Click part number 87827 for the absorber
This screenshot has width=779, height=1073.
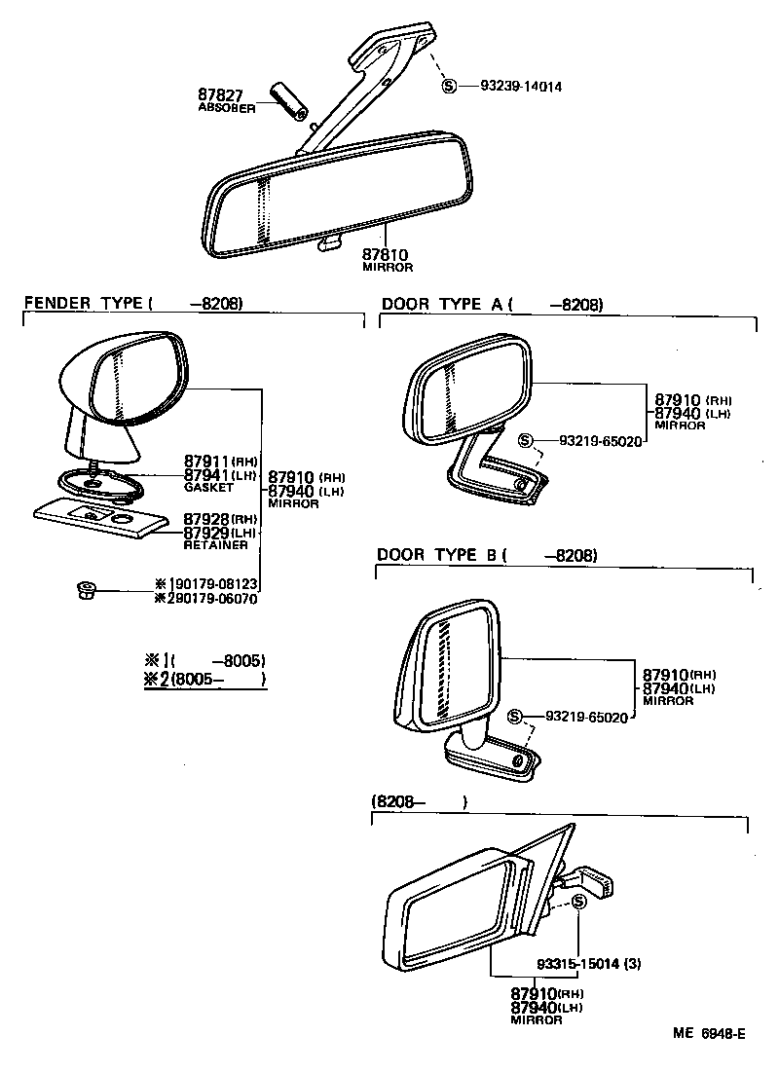point(220,94)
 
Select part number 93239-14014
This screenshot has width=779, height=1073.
point(520,86)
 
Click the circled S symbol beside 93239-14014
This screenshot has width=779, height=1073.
point(449,86)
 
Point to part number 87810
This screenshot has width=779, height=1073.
point(387,254)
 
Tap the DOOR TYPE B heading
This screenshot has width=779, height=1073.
point(437,555)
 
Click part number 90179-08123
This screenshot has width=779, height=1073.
point(213,584)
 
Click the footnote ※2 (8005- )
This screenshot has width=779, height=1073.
point(204,680)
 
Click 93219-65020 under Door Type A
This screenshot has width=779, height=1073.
point(600,441)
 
